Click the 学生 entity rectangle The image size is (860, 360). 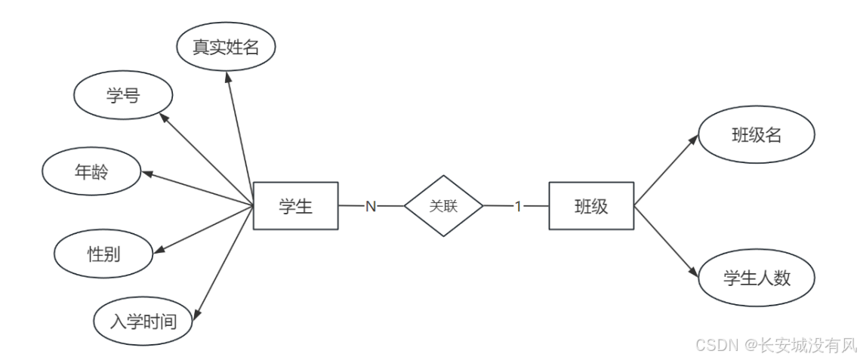point(295,206)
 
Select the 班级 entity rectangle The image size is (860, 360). point(591,206)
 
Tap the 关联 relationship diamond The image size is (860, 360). point(443,206)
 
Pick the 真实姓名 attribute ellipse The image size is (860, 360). point(226,48)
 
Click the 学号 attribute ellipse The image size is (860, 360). point(123,97)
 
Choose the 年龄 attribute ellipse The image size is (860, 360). point(91,171)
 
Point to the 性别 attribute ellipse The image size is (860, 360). point(103,253)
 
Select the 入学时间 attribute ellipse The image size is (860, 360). point(143,322)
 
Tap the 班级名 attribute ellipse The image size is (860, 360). point(757,136)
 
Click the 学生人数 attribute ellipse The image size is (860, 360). point(757,278)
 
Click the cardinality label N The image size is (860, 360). point(371,206)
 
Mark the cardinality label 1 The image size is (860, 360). point(518,206)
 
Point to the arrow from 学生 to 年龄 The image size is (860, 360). point(197,189)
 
